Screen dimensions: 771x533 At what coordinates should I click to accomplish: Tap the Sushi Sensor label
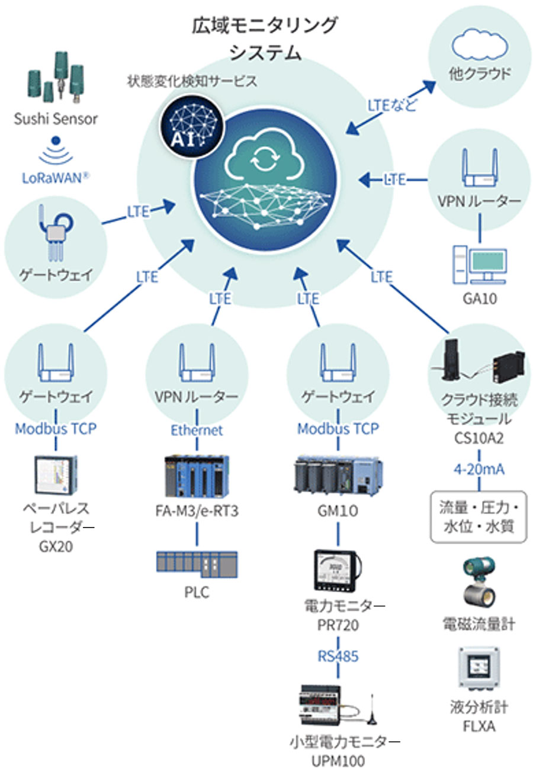(56, 118)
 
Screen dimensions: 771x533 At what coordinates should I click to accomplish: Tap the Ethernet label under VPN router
(197, 430)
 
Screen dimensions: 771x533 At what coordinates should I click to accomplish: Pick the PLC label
(197, 592)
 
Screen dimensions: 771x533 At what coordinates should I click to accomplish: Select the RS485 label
(338, 656)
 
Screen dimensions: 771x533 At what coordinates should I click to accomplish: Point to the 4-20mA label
(479, 469)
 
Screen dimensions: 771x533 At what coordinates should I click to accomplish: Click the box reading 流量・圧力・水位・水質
(479, 516)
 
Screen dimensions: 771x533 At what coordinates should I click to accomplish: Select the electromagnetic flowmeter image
(479, 583)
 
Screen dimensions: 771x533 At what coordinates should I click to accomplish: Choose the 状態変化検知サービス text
(192, 81)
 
